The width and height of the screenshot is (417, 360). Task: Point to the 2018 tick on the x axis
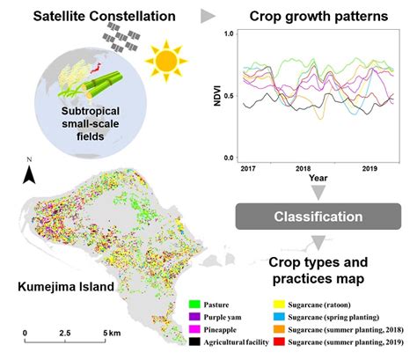pyautogui.click(x=304, y=166)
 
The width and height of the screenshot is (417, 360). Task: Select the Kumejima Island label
pyautogui.click(x=60, y=287)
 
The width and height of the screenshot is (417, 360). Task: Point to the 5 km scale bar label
pyautogui.click(x=109, y=334)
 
